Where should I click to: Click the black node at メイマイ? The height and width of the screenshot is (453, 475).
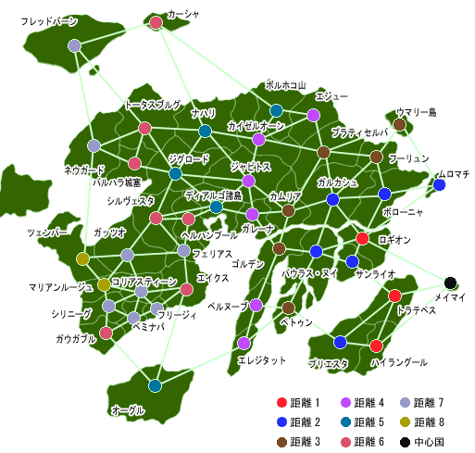click(451, 283)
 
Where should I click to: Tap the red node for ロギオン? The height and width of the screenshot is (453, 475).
click(363, 239)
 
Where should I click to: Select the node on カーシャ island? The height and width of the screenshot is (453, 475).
click(156, 22)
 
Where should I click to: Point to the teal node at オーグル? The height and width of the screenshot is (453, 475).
click(155, 385)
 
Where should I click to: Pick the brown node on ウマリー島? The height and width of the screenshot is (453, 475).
click(400, 124)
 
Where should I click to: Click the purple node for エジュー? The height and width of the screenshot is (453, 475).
click(313, 115)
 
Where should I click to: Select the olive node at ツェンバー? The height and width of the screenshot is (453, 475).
click(82, 258)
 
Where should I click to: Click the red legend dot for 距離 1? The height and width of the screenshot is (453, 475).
click(281, 402)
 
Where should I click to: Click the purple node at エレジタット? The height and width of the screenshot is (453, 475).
click(244, 343)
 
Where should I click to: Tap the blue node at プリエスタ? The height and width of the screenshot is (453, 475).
click(341, 343)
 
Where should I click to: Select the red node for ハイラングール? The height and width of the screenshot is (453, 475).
click(376, 346)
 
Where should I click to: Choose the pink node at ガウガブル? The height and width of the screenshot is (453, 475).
click(106, 333)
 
